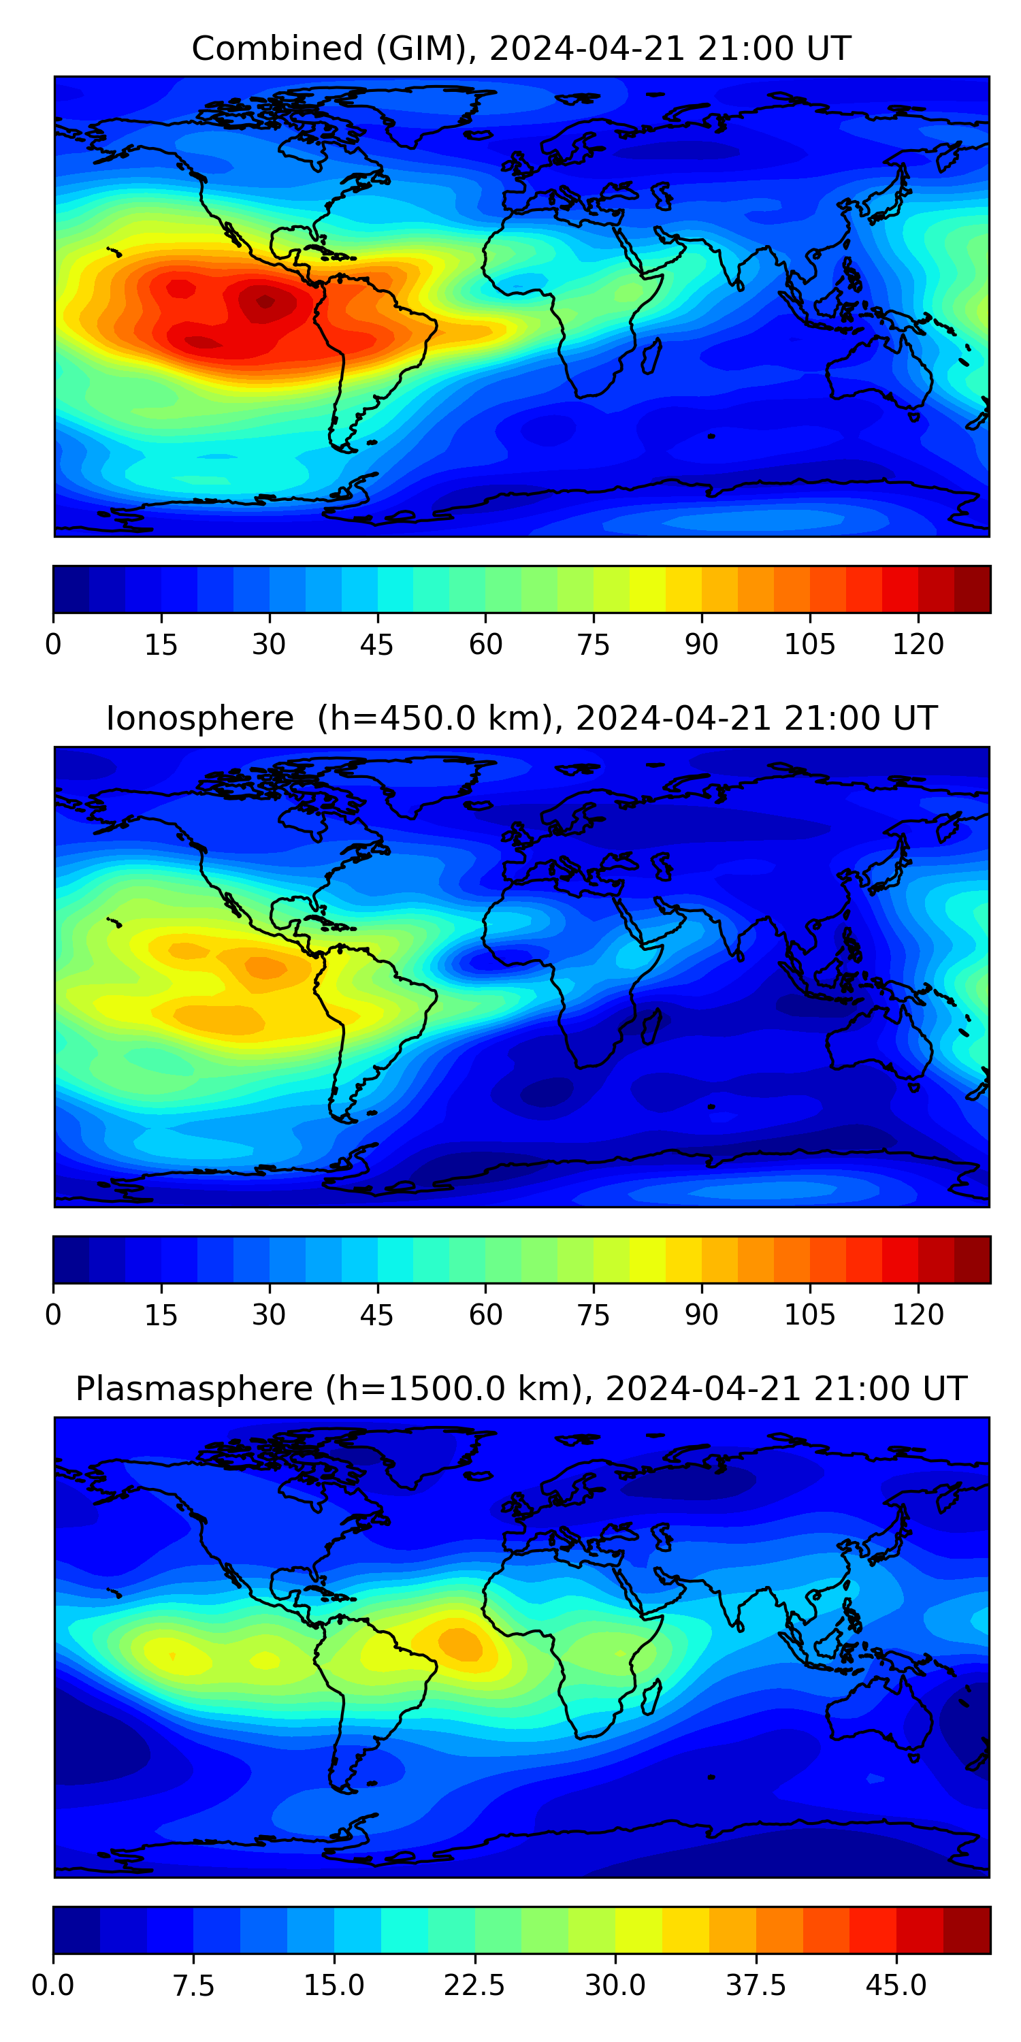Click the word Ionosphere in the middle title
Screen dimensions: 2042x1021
pyautogui.click(x=199, y=719)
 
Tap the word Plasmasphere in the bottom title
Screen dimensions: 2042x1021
pyautogui.click(x=193, y=1389)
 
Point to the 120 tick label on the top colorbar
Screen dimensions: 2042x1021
pyautogui.click(x=918, y=645)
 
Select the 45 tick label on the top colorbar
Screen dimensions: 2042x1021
pyautogui.click(x=376, y=645)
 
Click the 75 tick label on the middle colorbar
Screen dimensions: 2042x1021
pyautogui.click(x=593, y=1315)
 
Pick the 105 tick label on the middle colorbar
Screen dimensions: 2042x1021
pyautogui.click(x=809, y=1315)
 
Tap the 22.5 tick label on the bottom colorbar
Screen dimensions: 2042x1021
pyautogui.click(x=474, y=1986)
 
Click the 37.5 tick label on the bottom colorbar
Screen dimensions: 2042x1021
pyautogui.click(x=756, y=1986)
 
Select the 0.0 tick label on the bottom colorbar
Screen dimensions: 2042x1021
pyautogui.click(x=53, y=1986)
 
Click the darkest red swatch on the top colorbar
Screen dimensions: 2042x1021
pyautogui.click(x=972, y=589)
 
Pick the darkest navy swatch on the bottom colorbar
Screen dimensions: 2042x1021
pyautogui.click(x=76, y=1930)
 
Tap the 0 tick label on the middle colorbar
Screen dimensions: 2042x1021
pyautogui.click(x=53, y=1315)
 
